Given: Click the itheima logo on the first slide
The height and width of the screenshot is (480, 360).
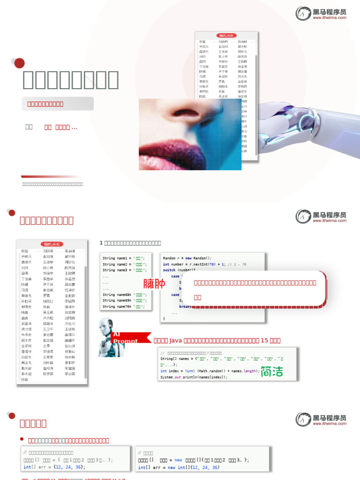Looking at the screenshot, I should (321, 13).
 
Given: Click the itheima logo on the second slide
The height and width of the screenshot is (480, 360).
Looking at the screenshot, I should (321, 216).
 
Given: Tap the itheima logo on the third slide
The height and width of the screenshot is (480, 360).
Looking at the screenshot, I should (321, 419).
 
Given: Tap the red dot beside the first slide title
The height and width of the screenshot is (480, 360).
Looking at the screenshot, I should (19, 63).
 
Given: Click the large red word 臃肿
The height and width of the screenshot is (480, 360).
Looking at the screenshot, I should (154, 284).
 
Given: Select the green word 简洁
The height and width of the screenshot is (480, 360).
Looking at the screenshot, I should (272, 371).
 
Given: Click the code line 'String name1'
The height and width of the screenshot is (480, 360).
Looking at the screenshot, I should (125, 258).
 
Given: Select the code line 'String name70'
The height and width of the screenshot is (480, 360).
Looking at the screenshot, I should (125, 307).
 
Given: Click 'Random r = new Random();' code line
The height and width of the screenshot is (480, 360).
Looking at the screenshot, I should (187, 258).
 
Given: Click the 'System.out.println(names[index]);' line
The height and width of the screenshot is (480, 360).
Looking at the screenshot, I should (194, 377).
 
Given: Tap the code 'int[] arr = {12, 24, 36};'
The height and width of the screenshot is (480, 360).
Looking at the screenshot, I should (53, 467).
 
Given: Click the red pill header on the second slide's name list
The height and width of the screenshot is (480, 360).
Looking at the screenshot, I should (52, 244).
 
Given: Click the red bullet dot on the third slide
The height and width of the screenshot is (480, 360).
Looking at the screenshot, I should (22, 439).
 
